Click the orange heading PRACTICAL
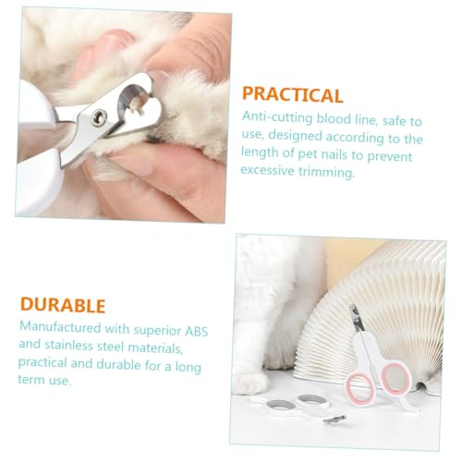pos(293,95)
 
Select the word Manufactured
pos(59,328)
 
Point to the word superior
pos(140,328)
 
